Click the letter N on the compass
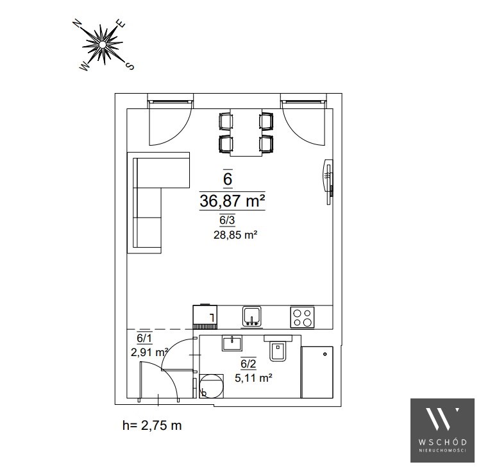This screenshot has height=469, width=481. click(x=78, y=24)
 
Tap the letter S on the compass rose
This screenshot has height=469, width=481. click(x=130, y=65)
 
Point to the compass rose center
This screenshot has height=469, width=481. click(x=103, y=45)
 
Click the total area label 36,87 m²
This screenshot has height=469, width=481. click(x=232, y=201)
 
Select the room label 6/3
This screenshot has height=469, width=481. click(x=227, y=220)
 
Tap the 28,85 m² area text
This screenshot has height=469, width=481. click(x=235, y=235)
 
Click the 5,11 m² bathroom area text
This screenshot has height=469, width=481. click(x=253, y=378)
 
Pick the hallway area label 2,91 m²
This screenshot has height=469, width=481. click(x=149, y=352)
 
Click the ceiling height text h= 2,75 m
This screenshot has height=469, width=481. click(x=152, y=425)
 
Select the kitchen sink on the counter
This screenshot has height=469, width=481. click(x=252, y=316)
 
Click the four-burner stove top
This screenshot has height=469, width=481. click(x=302, y=318)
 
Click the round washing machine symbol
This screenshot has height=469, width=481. click(x=211, y=386)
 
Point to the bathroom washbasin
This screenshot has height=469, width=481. click(x=232, y=343)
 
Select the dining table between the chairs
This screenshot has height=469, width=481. click(x=246, y=132)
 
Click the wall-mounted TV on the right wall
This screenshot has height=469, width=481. click(x=328, y=182)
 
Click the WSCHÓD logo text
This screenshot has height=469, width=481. click(x=443, y=442)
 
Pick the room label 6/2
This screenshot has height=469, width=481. click(x=248, y=364)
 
